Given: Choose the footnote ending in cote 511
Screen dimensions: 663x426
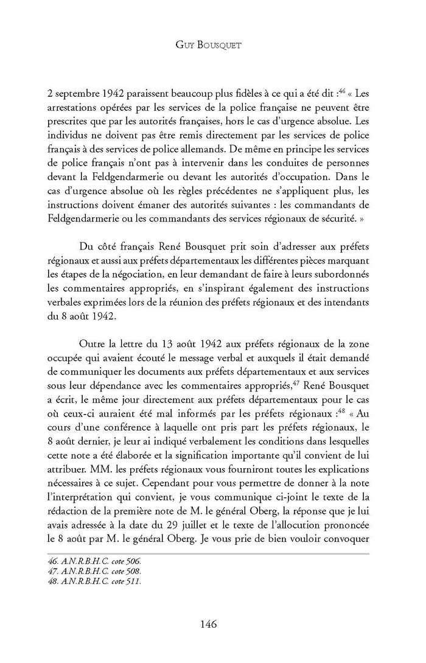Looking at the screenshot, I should [x=89, y=582].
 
